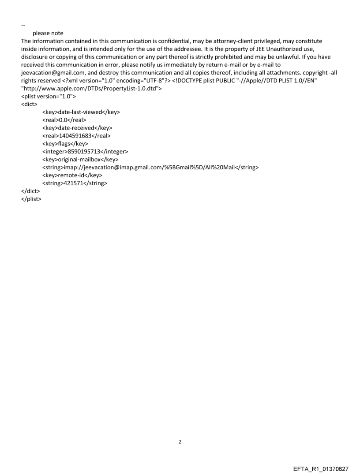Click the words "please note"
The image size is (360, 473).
(48, 34)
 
